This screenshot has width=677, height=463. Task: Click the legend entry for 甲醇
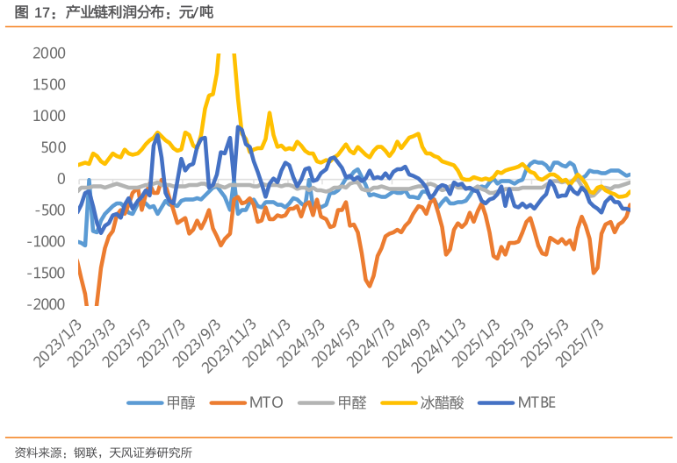(162, 402)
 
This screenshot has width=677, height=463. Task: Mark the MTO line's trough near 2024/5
(370, 285)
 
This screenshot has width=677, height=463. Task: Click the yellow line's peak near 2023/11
(270, 113)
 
